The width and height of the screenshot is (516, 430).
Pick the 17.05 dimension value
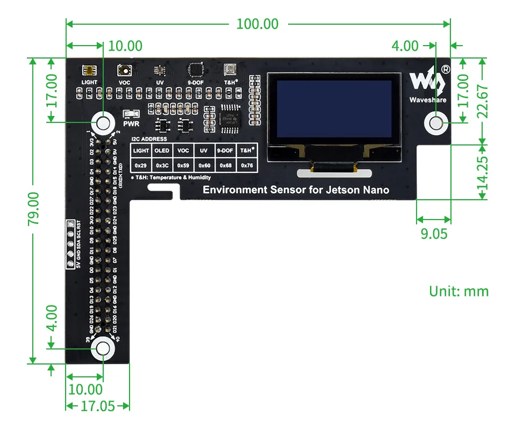pos(97,406)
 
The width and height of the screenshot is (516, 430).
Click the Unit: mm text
pos(458,291)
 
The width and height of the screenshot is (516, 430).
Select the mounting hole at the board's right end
pos(436,123)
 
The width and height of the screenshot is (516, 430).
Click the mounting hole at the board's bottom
pos(102,349)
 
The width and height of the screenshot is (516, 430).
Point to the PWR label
pos(131,123)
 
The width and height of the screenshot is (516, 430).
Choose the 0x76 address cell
pos(247,165)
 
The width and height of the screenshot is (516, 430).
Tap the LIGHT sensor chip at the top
pos(89,71)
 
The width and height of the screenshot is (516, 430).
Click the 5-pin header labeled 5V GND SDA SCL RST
pos(69,244)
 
